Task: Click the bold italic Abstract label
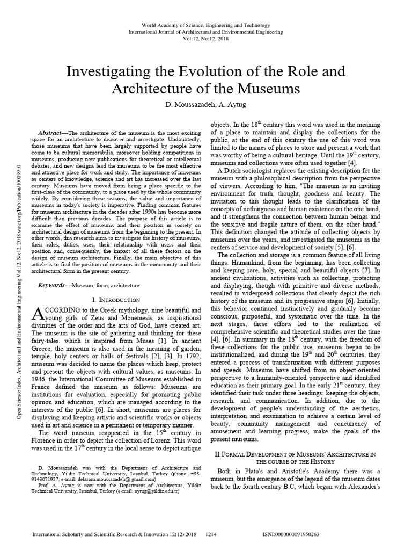click(x=53, y=133)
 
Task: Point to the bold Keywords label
click(x=55, y=284)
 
